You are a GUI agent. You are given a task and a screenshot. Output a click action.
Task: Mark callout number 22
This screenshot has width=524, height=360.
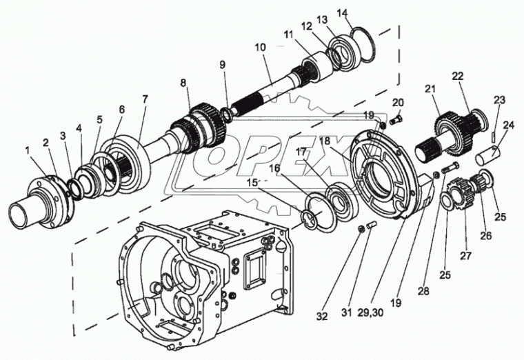458,75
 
